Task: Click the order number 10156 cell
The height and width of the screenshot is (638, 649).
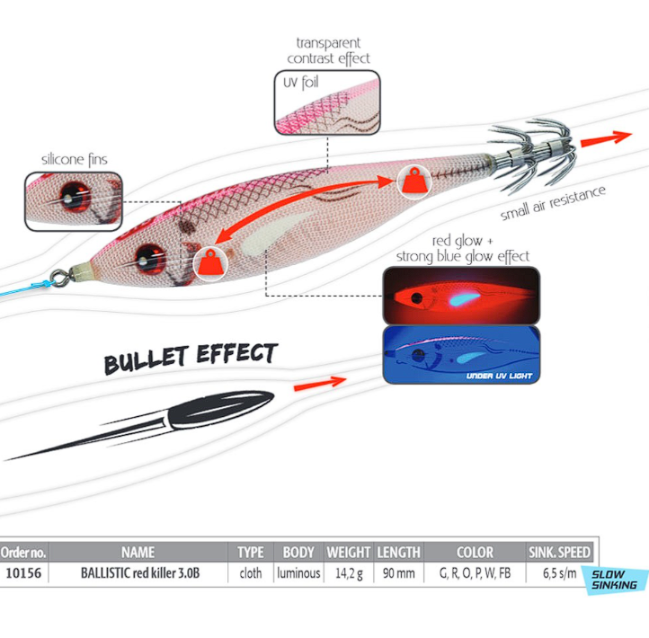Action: point(23,573)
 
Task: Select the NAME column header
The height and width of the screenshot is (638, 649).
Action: point(138,552)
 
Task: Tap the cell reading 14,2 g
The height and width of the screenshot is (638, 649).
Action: point(349,573)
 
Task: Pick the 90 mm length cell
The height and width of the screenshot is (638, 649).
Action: point(398,573)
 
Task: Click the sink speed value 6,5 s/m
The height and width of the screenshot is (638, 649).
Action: point(559,573)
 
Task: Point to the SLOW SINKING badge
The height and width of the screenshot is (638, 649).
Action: point(615,580)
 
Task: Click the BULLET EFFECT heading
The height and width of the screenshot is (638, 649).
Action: point(191,358)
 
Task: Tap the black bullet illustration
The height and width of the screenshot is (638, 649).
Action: point(141,424)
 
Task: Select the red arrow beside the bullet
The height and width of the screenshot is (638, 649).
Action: point(319,384)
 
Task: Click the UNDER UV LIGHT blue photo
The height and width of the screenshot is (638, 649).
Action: point(461,355)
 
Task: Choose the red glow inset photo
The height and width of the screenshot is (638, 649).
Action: point(461,296)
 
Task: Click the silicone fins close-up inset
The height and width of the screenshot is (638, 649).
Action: point(74,201)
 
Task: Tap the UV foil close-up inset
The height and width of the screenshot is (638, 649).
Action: point(327,102)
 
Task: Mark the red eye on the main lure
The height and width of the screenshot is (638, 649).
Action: point(150,260)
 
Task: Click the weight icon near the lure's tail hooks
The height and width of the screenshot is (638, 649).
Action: point(413,182)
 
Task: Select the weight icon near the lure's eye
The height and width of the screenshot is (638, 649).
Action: point(210,263)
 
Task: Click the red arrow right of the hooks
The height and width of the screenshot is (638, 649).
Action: point(607,138)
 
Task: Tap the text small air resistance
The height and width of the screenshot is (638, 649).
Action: point(553,203)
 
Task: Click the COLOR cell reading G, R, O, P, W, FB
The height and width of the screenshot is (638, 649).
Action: point(475,573)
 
